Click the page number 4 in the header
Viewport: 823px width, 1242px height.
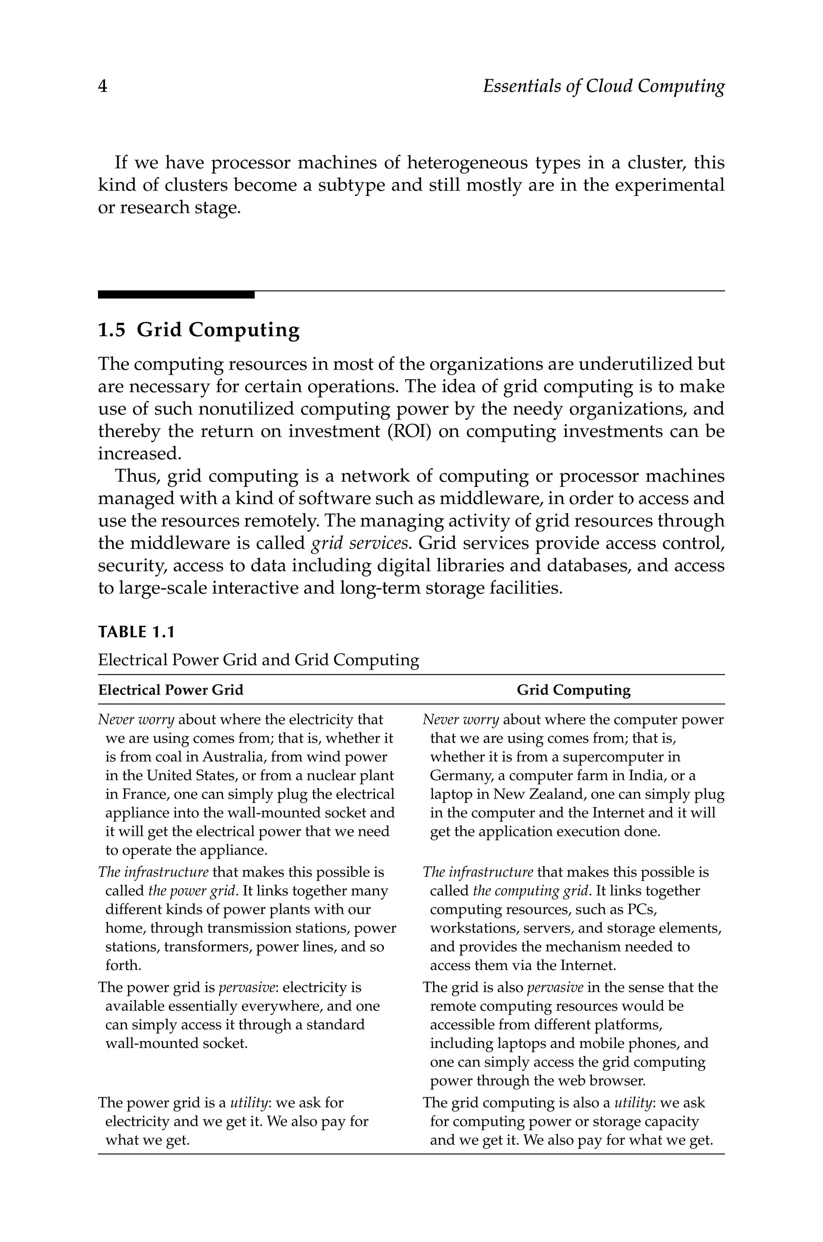(103, 86)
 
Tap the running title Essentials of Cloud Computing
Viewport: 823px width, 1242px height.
(603, 86)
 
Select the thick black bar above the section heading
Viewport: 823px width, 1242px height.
(176, 295)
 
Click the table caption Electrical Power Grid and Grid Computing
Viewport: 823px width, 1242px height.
(258, 660)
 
